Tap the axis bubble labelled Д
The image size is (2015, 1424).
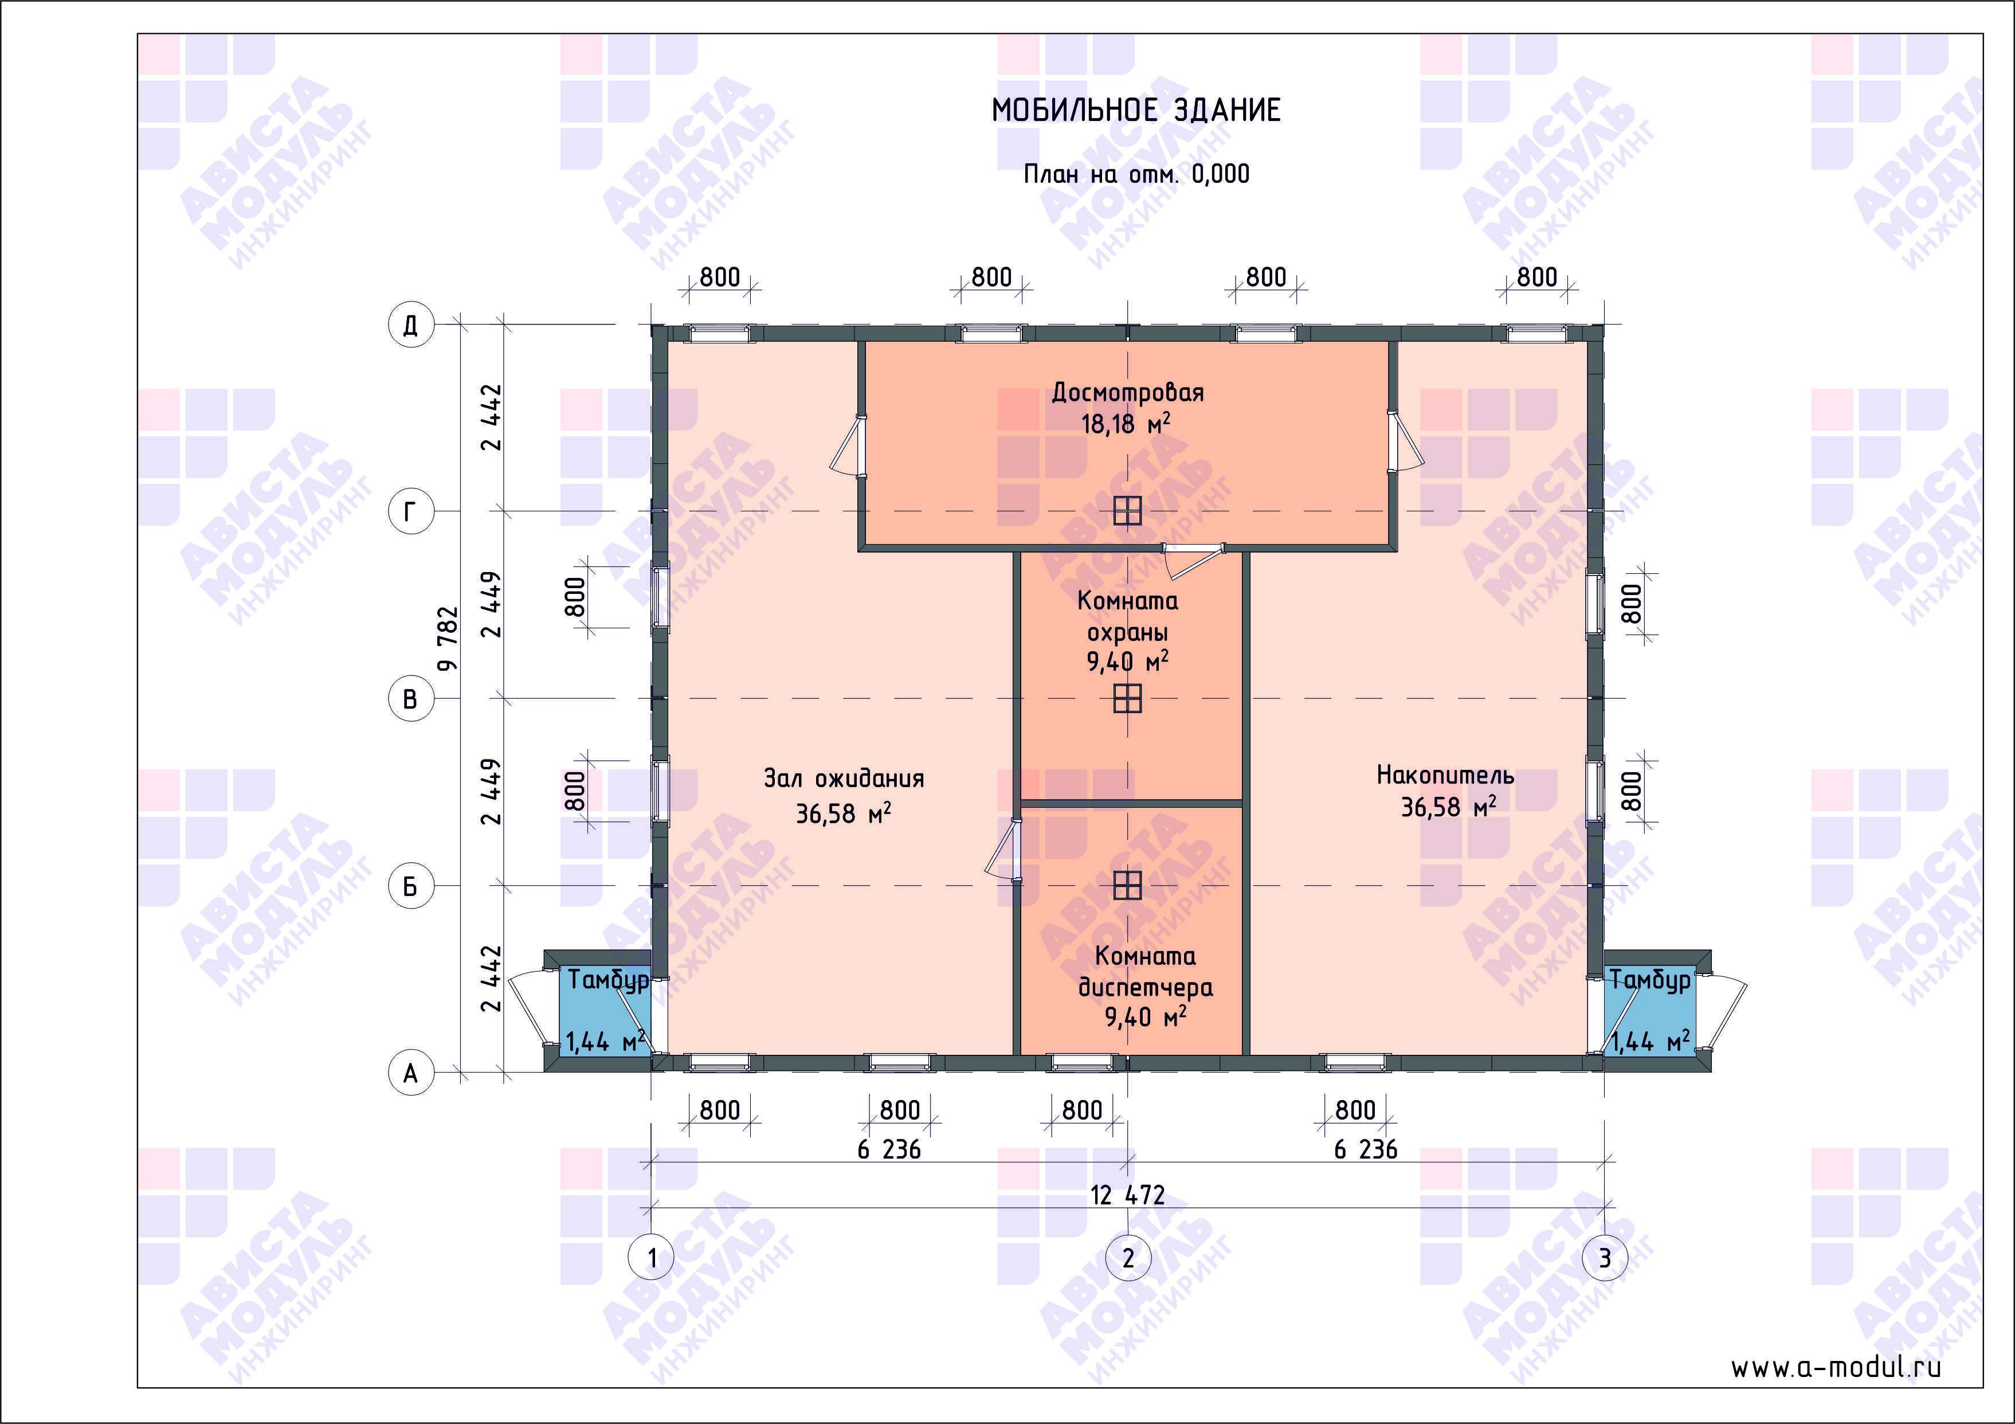[x=411, y=325]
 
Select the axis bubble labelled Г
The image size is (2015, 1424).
[x=411, y=511]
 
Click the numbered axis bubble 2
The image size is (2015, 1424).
[x=1128, y=1258]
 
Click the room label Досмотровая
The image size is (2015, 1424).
[x=1128, y=393]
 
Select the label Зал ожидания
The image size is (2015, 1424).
[x=844, y=778]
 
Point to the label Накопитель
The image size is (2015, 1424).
[x=1445, y=775]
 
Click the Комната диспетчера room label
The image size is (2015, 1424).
[x=1145, y=971]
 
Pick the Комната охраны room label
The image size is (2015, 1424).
[x=1128, y=616]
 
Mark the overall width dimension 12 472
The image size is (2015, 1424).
[x=1128, y=1195]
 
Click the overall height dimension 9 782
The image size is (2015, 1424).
[x=448, y=638]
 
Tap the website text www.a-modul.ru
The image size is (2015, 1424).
[x=1836, y=1367]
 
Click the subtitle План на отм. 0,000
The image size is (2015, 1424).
[x=1136, y=174]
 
